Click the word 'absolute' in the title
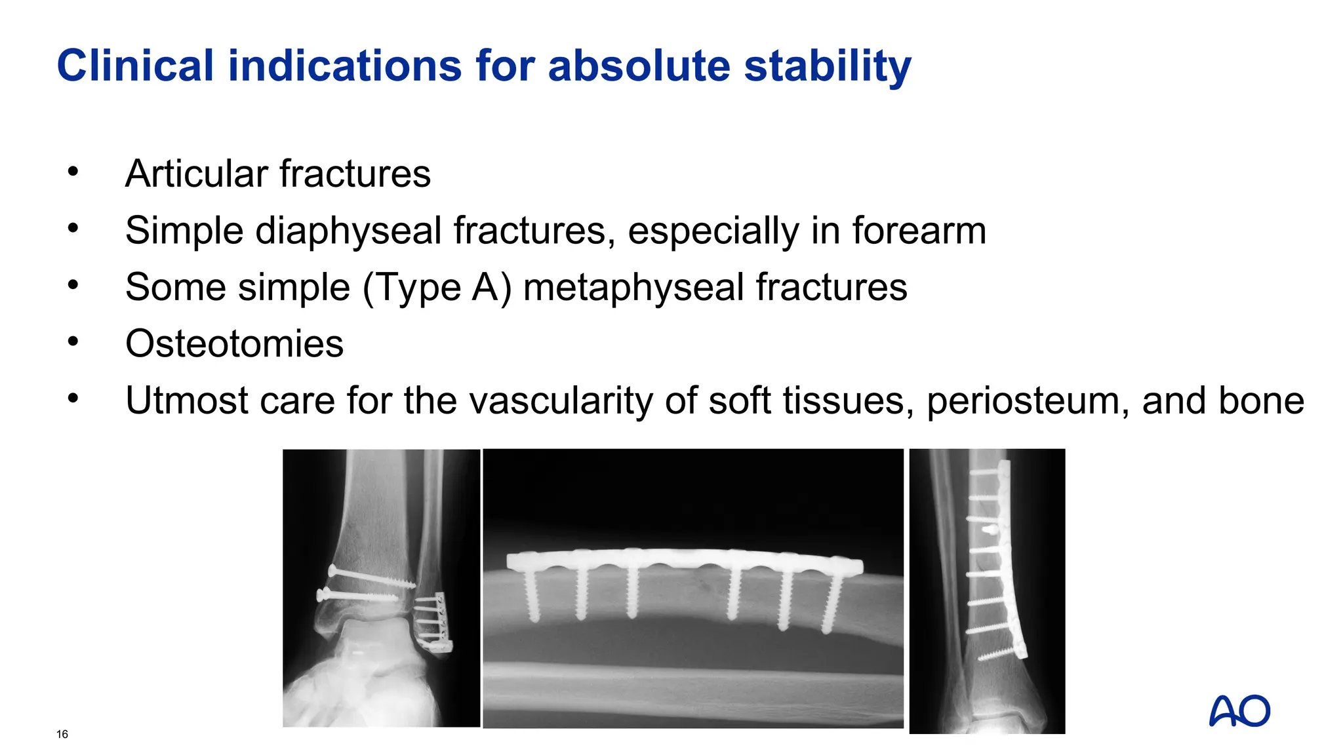(639, 66)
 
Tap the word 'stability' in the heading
(828, 66)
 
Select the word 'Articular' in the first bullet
(196, 174)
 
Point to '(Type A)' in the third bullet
(436, 288)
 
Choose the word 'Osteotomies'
(234, 344)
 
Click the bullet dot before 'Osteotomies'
(73, 341)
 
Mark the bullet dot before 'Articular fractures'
(73, 172)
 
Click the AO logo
(1239, 711)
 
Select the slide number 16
(62, 734)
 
